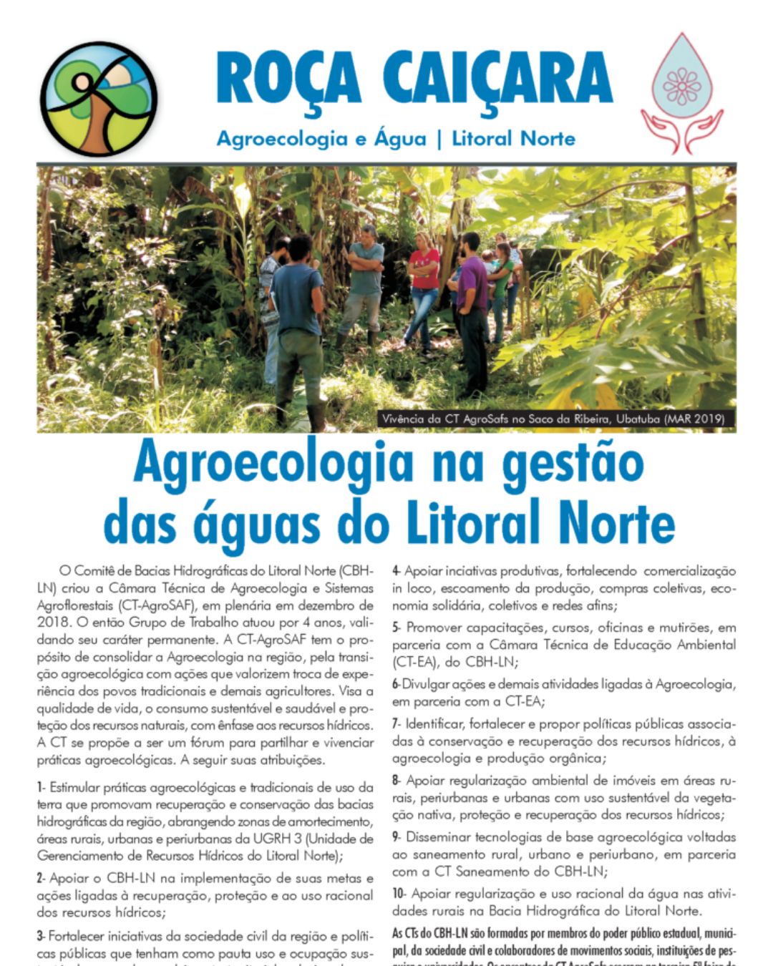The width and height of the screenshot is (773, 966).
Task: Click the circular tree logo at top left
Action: pos(97,99)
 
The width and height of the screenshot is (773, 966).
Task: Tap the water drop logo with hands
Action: pos(681,93)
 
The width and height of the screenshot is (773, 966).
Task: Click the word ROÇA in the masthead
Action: pos(288,78)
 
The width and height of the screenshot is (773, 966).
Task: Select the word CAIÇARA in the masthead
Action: pos(497,78)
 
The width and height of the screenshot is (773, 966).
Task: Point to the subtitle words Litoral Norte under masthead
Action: pos(513,139)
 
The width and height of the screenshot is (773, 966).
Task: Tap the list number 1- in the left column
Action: pos(42,788)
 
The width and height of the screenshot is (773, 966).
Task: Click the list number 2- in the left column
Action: pos(42,878)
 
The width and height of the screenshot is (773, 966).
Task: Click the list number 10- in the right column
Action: pos(399,894)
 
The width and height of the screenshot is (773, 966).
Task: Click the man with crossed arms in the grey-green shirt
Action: pos(365,279)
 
